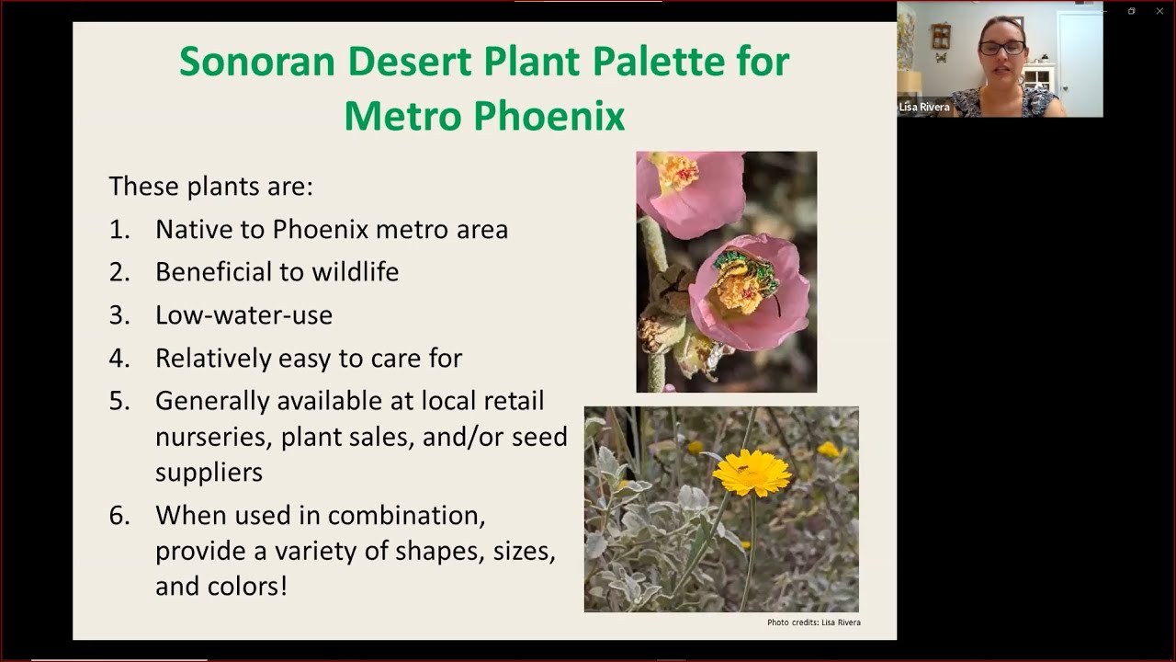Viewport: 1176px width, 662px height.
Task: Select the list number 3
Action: (x=119, y=315)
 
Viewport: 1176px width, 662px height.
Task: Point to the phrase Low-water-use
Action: (x=243, y=315)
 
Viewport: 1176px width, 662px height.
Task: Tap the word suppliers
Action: (x=209, y=473)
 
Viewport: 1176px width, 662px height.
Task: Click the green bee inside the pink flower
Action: (x=744, y=273)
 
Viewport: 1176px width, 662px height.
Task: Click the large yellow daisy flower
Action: (x=752, y=473)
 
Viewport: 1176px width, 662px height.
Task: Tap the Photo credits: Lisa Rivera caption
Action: (x=813, y=622)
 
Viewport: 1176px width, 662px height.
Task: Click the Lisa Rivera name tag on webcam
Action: (x=924, y=108)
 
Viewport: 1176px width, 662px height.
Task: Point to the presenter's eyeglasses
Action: (x=1001, y=48)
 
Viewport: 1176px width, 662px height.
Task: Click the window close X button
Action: (x=1159, y=11)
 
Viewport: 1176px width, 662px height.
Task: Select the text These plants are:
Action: (x=210, y=187)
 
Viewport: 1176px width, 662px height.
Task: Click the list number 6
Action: (x=119, y=516)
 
